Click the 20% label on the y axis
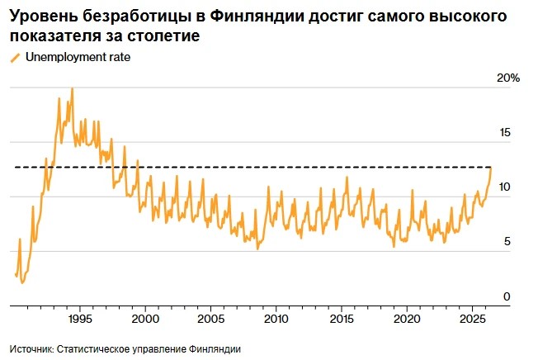click(508, 78)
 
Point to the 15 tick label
click(505, 132)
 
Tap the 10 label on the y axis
click(505, 187)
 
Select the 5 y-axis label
click(507, 242)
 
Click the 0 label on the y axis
click(507, 296)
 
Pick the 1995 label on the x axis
click(80, 319)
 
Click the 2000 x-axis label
click(145, 319)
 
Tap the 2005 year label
click(211, 319)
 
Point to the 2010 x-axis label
click(276, 319)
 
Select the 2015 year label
click(342, 319)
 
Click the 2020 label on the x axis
click(407, 319)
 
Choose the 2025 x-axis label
click(473, 319)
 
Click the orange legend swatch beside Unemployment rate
click(16, 58)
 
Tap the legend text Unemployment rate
click(78, 57)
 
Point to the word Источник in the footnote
click(31, 349)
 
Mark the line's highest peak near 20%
click(72, 88)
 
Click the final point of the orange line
click(491, 168)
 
